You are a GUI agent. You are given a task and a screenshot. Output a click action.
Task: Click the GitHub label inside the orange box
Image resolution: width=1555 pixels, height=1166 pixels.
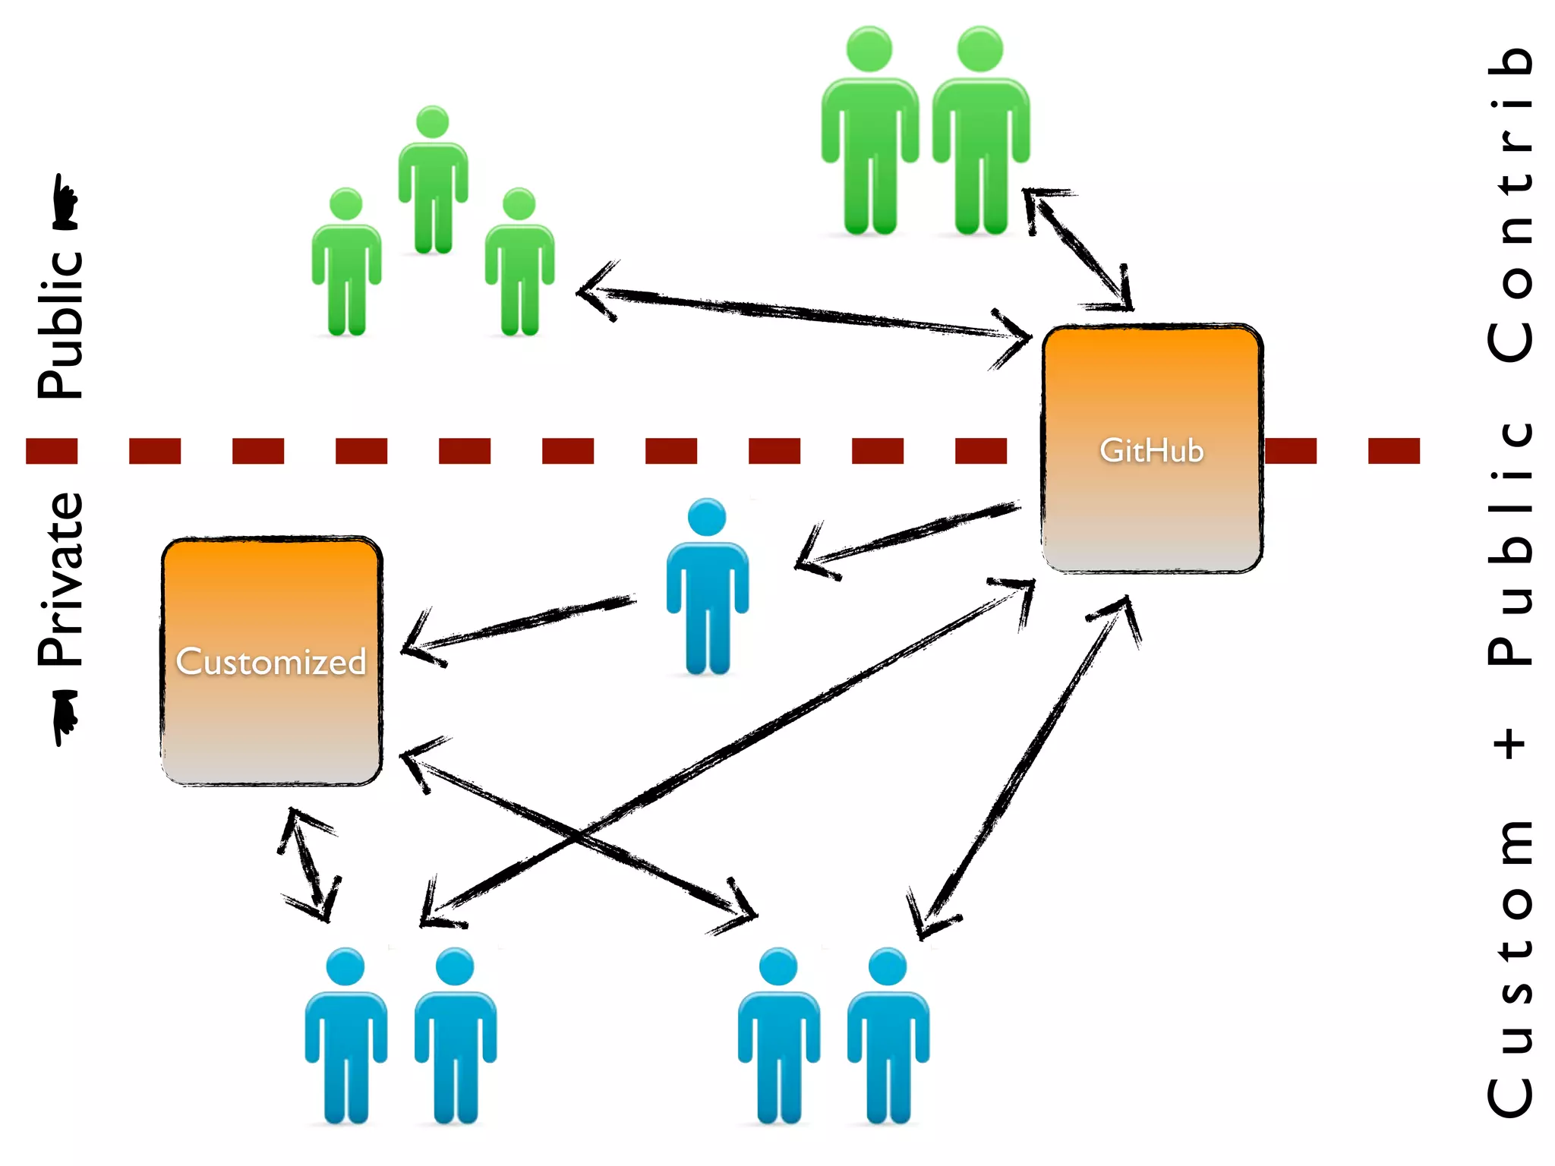pos(1151,451)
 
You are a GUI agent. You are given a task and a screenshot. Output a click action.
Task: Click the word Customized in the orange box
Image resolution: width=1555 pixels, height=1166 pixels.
pos(271,662)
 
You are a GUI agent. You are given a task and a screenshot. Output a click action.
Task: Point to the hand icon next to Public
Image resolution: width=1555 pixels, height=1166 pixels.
pos(65,203)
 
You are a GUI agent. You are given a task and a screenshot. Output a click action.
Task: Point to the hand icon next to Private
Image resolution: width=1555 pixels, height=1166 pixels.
pos(65,717)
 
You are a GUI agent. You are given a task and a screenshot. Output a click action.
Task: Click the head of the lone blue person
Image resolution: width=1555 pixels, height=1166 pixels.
pos(707,517)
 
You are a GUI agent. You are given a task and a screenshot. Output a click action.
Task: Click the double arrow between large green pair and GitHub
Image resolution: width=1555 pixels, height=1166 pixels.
pos(1077,250)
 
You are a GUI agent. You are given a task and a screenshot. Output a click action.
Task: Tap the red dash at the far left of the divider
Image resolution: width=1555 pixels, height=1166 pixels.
pos(52,451)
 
